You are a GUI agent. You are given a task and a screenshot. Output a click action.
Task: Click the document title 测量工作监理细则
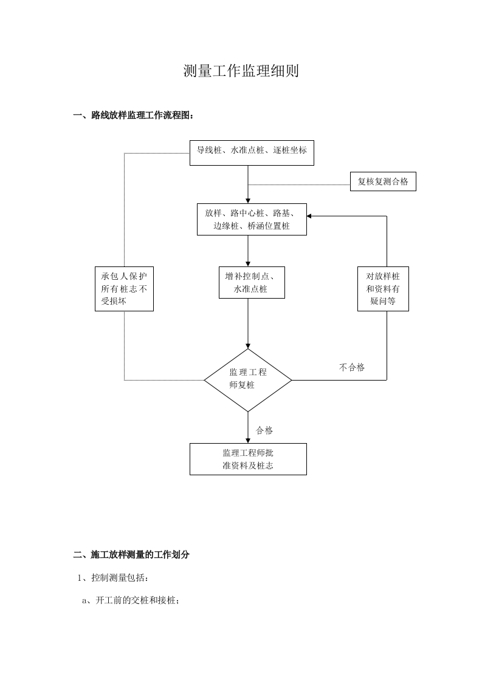click(x=241, y=72)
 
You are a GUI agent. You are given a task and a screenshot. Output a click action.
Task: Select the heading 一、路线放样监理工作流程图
click(x=134, y=115)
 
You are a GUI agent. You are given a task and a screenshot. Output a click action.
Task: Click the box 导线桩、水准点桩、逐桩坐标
click(x=252, y=152)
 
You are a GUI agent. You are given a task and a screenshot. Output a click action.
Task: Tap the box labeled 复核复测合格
click(x=383, y=182)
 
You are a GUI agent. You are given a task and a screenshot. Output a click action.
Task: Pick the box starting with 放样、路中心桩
click(x=252, y=220)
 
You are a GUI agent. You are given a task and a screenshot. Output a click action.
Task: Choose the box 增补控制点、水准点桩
click(x=251, y=283)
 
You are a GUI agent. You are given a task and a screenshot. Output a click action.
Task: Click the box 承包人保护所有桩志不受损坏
click(x=124, y=289)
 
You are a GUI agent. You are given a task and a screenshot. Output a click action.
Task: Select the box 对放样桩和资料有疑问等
click(x=383, y=288)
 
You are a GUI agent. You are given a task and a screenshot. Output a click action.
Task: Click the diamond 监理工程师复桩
click(x=248, y=380)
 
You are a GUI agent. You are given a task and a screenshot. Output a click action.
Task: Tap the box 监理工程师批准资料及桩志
click(x=248, y=459)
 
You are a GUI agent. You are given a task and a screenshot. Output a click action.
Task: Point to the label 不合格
click(x=352, y=367)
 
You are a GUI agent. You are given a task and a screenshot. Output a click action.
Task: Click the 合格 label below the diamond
click(x=264, y=430)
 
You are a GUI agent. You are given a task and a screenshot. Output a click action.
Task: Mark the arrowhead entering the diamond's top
click(x=248, y=345)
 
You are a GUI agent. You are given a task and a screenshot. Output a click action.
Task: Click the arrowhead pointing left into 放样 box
click(x=309, y=216)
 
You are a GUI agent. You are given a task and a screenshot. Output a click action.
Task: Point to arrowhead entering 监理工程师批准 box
click(x=248, y=440)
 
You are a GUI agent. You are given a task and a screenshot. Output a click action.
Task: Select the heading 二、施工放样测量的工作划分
click(x=131, y=554)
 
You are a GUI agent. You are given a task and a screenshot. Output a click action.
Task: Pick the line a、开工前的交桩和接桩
click(x=131, y=600)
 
